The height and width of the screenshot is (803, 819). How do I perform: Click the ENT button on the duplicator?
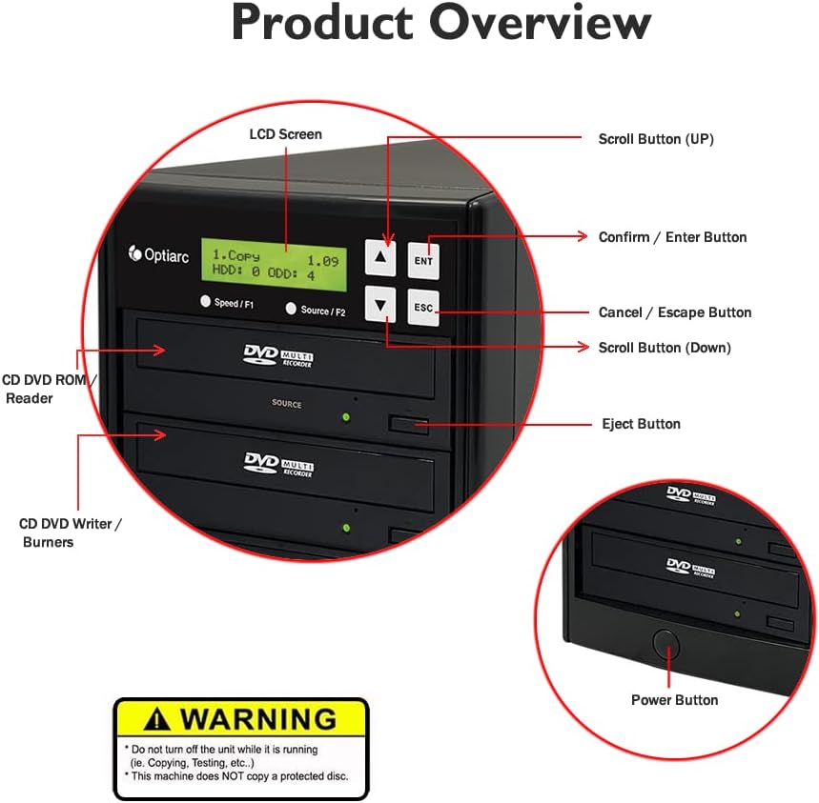pyautogui.click(x=423, y=260)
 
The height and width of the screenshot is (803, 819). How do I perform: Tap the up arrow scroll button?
pyautogui.click(x=381, y=257)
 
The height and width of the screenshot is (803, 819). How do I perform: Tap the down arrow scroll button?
pyautogui.click(x=381, y=306)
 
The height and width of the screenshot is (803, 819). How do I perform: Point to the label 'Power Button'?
pyautogui.click(x=674, y=700)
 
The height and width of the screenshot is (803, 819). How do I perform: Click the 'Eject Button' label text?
pyautogui.click(x=641, y=424)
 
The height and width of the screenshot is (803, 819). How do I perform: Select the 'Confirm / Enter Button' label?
pyautogui.click(x=672, y=237)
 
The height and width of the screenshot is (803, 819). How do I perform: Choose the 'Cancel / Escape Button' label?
pyautogui.click(x=674, y=312)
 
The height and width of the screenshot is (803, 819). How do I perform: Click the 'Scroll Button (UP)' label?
pyautogui.click(x=656, y=139)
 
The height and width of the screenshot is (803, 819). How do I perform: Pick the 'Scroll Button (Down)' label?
pyautogui.click(x=665, y=348)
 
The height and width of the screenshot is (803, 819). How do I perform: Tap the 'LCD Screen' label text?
pyautogui.click(x=285, y=134)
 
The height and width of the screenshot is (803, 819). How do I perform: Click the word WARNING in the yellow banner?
pyautogui.click(x=258, y=718)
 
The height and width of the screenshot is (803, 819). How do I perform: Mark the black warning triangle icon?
pyautogui.click(x=158, y=718)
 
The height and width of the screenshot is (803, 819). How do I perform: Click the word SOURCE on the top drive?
pyautogui.click(x=286, y=404)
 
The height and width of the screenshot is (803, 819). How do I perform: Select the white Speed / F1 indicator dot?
pyautogui.click(x=205, y=302)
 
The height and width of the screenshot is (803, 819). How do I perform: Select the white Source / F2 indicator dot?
pyautogui.click(x=292, y=310)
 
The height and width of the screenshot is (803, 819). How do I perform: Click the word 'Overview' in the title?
pyautogui.click(x=541, y=24)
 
